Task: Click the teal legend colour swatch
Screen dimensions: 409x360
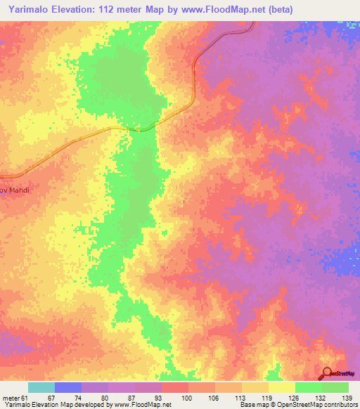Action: pyautogui.click(x=41, y=387)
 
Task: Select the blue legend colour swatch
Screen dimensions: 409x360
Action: pyautogui.click(x=68, y=387)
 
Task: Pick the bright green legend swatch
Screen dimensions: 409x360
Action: pyautogui.click(x=309, y=387)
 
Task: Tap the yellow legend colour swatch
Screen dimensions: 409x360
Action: pyautogui.click(x=282, y=387)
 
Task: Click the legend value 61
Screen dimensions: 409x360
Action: pyautogui.click(x=26, y=398)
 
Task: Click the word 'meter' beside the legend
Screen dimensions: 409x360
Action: pyautogui.click(x=11, y=398)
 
